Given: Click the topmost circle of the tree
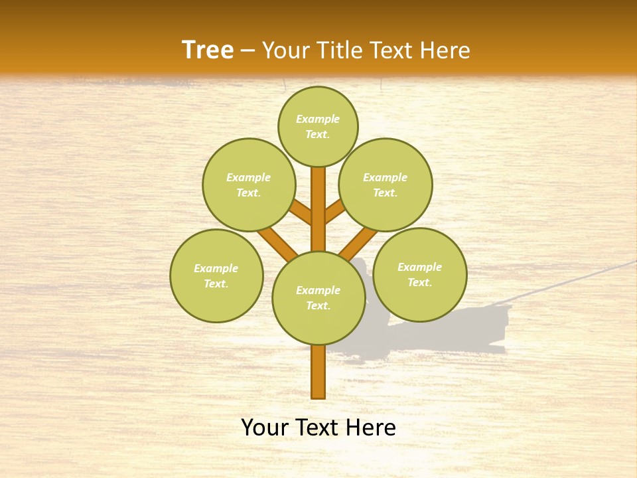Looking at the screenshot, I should tap(318, 126).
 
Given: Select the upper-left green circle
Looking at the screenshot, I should tap(249, 185).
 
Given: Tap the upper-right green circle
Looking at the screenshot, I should tap(386, 185).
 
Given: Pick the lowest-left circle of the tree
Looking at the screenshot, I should tap(216, 276).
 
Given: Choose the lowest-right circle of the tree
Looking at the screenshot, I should tap(419, 274).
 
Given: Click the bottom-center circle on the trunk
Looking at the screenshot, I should tap(318, 297).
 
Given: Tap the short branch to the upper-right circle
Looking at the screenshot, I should tap(334, 211).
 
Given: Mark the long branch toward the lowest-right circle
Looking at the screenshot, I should tap(359, 242).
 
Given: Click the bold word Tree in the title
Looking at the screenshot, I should tap(208, 50).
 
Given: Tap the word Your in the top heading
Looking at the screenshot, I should tap(284, 50).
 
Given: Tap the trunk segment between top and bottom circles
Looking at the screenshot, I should tap(318, 209).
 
